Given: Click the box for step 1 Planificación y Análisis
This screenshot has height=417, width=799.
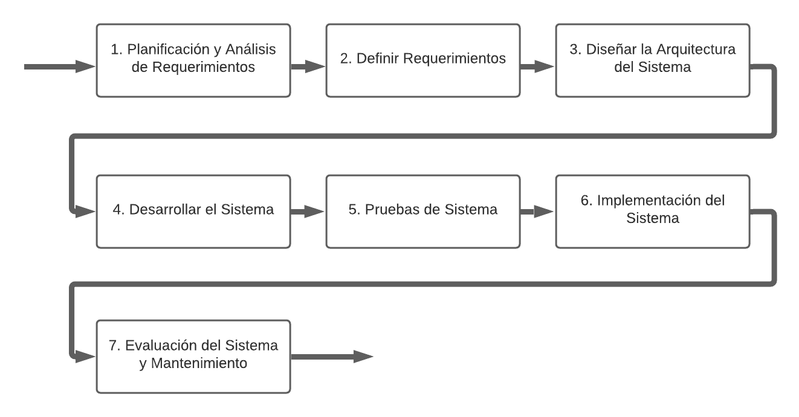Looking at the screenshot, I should [193, 60].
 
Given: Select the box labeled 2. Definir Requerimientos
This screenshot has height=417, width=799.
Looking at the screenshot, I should [422, 60].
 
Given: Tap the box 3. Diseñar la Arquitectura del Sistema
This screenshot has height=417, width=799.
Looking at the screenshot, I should [652, 60].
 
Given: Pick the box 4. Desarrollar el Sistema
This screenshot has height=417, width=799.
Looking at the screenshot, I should [193, 211].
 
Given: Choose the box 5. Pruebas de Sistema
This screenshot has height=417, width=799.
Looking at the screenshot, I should [422, 211].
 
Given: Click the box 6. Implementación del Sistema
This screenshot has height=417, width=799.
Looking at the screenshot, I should [652, 211].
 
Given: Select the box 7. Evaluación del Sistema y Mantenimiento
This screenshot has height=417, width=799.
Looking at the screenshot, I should [193, 357].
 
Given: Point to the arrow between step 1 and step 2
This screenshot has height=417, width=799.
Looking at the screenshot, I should [308, 66].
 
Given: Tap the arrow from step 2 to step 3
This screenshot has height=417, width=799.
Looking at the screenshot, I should [537, 66].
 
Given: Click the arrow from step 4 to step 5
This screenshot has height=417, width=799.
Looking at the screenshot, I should [308, 211].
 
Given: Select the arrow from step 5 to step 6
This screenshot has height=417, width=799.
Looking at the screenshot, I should [537, 211].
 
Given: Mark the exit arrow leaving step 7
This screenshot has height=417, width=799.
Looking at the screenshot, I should [332, 357].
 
